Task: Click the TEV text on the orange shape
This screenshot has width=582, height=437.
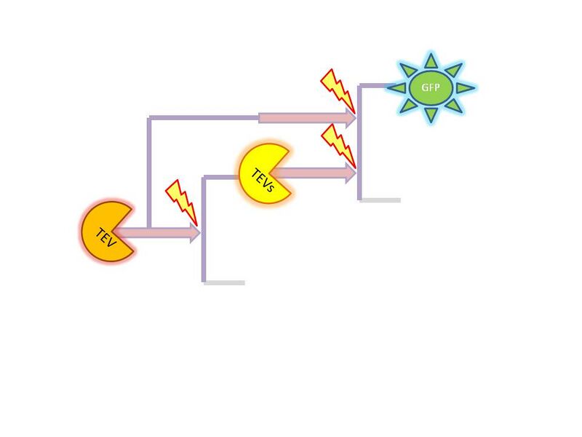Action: click(106, 238)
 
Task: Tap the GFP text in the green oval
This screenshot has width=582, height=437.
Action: click(431, 87)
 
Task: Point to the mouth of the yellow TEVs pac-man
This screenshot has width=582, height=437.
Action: click(281, 173)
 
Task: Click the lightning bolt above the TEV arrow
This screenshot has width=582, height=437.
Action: click(181, 202)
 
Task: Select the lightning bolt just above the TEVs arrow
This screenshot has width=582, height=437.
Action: click(338, 146)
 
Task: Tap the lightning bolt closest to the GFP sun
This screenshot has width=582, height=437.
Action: click(338, 91)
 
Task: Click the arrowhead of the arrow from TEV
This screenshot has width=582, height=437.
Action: click(195, 233)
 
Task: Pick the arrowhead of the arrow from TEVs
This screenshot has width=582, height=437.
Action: click(351, 173)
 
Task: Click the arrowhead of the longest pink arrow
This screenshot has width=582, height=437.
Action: click(351, 118)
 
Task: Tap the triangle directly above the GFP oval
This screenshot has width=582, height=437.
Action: click(431, 60)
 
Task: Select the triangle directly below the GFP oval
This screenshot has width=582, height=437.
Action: click(431, 115)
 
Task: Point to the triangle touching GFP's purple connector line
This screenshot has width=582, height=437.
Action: click(396, 87)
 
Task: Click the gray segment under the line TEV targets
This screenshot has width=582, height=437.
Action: click(225, 283)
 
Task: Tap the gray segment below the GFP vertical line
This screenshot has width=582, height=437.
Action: click(380, 200)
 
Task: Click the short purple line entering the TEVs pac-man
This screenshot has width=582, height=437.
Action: click(222, 177)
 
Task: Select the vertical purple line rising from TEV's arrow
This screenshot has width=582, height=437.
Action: click(149, 173)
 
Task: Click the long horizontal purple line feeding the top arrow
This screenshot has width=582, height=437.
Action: click(204, 118)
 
